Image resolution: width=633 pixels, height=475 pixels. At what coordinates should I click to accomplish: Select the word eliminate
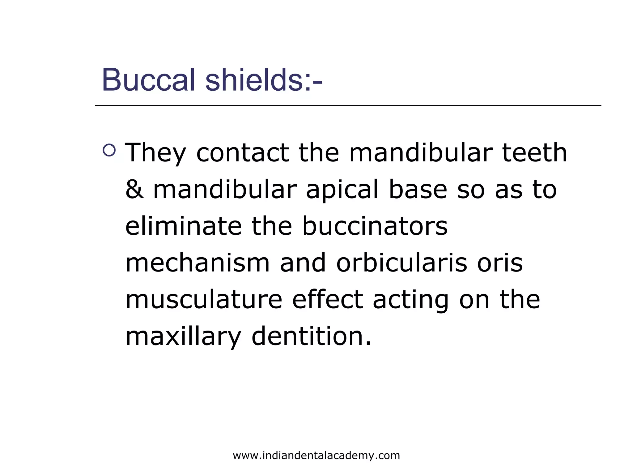click(183, 226)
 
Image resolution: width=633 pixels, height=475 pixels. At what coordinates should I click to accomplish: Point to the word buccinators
click(375, 226)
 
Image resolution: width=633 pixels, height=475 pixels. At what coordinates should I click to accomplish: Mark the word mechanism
click(198, 263)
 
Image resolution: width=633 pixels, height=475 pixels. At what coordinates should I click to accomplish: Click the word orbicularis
click(401, 263)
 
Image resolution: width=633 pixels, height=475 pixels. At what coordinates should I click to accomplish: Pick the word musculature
click(204, 300)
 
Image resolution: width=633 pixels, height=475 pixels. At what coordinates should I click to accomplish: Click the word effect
click(327, 300)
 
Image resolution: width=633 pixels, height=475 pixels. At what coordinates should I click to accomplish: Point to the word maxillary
click(183, 337)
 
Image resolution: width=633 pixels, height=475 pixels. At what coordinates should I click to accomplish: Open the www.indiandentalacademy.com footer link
click(316, 456)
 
